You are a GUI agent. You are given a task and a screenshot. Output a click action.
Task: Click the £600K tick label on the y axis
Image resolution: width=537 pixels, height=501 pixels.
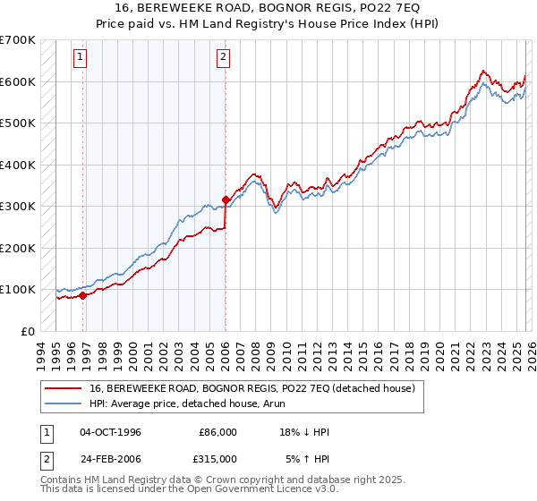pyautogui.click(x=18, y=81)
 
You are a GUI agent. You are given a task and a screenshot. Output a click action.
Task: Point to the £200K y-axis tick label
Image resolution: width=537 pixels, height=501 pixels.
pyautogui.click(x=18, y=248)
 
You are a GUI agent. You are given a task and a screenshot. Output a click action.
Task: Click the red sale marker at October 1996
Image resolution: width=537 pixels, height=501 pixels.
pyautogui.click(x=83, y=295)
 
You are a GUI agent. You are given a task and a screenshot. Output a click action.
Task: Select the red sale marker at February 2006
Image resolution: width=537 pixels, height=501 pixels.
pyautogui.click(x=226, y=200)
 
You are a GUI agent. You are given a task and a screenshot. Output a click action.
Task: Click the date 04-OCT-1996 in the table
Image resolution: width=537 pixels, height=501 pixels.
pyautogui.click(x=110, y=432)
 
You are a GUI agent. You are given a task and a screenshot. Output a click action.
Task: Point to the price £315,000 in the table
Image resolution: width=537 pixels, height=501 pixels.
pyautogui.click(x=217, y=458)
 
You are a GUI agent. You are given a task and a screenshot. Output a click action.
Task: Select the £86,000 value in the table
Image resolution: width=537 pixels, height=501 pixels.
pyautogui.click(x=217, y=432)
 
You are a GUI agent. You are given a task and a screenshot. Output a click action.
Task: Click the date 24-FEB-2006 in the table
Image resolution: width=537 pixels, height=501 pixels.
pyautogui.click(x=110, y=458)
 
